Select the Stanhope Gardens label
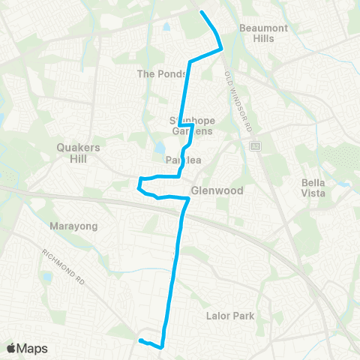(190, 125)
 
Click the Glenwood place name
(217, 190)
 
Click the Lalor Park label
(231, 316)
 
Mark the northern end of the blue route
(201, 11)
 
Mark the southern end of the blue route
(140, 341)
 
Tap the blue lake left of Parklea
(159, 148)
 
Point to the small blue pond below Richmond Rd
(47, 277)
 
